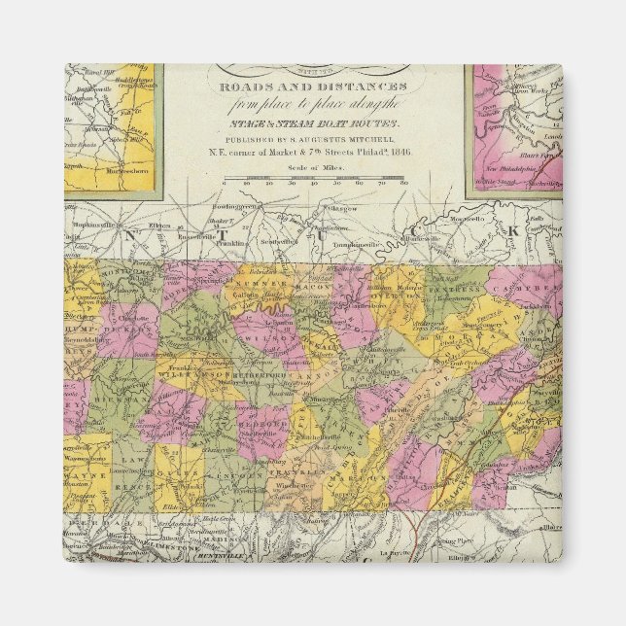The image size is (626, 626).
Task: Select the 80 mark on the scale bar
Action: pyautogui.click(x=400, y=181)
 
